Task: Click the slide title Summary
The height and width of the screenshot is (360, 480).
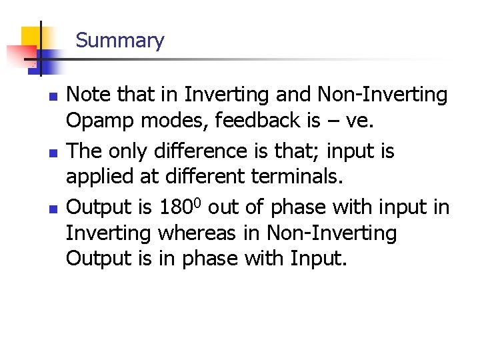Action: pyautogui.click(x=119, y=41)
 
